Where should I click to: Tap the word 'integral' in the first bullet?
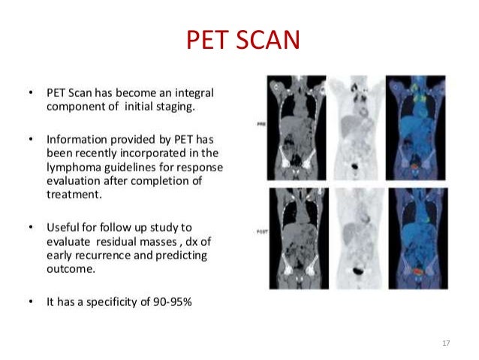pos(196,93)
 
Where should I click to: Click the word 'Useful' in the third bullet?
pos(62,227)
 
